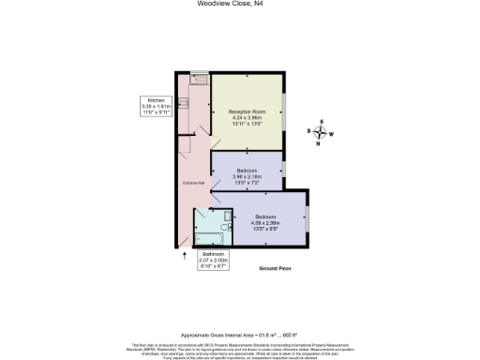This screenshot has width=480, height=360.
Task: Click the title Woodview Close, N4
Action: [241, 4]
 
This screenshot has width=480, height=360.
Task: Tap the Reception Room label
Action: [246, 116]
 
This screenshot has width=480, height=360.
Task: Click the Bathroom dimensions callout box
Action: [215, 259]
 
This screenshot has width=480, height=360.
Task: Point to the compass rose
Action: [322, 132]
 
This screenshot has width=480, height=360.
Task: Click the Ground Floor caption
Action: [278, 268]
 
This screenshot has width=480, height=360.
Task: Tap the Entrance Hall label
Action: [193, 183]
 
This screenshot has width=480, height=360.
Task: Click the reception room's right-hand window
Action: [285, 112]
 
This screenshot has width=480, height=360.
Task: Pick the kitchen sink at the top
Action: [198, 79]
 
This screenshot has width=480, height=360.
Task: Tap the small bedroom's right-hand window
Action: [285, 167]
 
